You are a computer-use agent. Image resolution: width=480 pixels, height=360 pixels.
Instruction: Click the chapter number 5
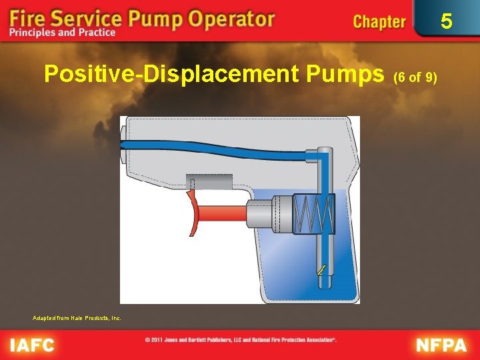tap(446, 21)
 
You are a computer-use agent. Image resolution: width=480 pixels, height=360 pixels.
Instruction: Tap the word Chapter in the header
tap(379, 21)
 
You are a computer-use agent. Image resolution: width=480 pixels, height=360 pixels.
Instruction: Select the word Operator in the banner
tap(230, 17)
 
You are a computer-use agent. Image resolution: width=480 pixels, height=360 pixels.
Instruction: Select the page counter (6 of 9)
tap(415, 77)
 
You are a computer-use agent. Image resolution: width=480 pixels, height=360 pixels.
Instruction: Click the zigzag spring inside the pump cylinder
tap(313, 213)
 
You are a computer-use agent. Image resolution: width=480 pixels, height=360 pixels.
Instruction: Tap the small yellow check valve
tap(321, 270)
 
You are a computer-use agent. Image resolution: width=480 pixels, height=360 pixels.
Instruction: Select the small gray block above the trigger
tap(209, 182)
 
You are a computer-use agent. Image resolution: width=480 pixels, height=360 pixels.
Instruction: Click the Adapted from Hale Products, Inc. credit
tap(77, 318)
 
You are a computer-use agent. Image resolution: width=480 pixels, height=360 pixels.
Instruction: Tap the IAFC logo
tap(34, 345)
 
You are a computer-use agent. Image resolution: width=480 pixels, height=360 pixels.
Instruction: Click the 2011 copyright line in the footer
tap(241, 340)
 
